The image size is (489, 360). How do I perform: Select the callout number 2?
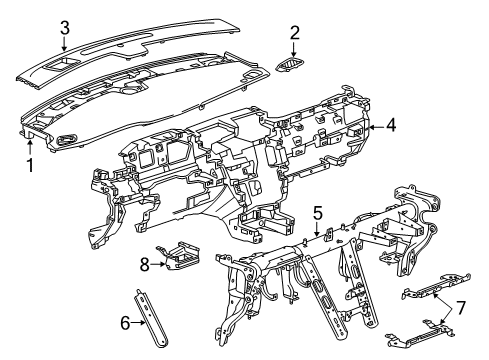tap(294, 34)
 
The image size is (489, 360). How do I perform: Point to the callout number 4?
tap(392, 126)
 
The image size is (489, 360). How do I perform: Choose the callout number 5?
tap(317, 212)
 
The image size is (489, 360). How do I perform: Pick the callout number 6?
tap(125, 323)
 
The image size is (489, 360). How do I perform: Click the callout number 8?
tap(144, 265)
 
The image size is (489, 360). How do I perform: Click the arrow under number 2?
tap(294, 54)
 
